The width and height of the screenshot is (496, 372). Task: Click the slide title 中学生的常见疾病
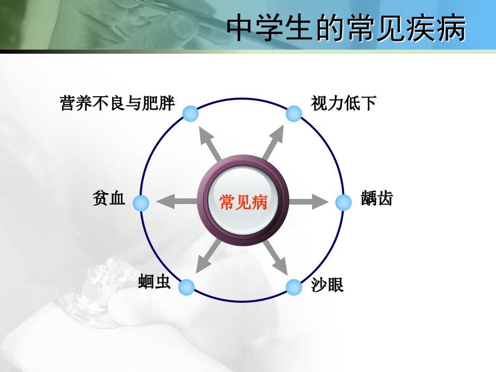pos(346,28)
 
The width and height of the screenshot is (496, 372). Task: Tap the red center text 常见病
pos(243,202)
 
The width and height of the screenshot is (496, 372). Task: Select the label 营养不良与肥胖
pos(117,103)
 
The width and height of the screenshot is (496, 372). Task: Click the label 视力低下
pos(344,103)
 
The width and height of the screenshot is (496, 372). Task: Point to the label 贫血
pos(109,198)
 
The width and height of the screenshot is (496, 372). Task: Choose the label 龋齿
pos(377,198)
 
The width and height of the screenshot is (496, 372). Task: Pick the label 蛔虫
pos(154,282)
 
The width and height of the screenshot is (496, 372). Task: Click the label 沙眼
pos(327,284)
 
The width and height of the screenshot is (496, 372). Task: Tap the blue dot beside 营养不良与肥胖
pos(191,114)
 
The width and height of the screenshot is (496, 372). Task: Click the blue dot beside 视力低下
pos(294,114)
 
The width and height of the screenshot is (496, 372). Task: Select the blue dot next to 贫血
pos(141,203)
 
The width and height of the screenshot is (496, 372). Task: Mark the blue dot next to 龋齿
pos(344,202)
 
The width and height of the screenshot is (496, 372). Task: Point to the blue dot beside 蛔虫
pos(187,287)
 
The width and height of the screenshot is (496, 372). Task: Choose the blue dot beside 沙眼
pos(294,287)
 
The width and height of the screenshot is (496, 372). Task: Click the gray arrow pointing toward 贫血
pos(177,201)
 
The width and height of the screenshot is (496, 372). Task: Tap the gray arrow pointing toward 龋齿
pos(308,202)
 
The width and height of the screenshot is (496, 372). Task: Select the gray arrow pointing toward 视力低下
pos(273,142)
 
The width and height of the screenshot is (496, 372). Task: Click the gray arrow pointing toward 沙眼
pos(275,257)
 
